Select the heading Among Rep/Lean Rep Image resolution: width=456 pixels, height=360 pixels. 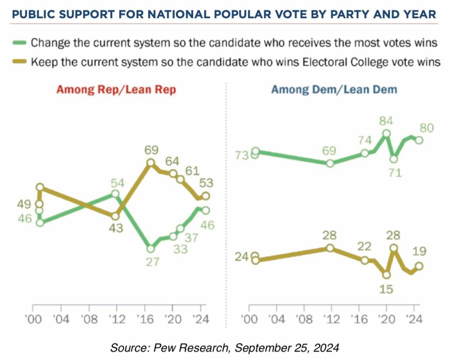[116, 90]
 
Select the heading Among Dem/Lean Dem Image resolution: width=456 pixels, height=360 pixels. [334, 90]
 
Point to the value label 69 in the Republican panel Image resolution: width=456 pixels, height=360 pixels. [151, 150]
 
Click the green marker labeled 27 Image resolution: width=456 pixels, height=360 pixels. [151, 249]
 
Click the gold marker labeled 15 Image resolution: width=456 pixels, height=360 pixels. [386, 274]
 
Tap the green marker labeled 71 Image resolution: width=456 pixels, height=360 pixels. [394, 159]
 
